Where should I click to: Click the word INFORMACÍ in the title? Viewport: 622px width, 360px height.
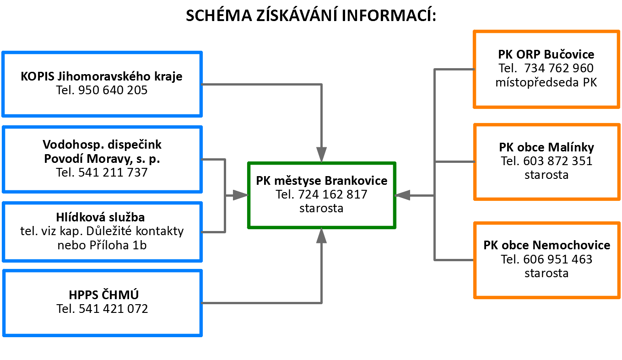(x=389, y=15)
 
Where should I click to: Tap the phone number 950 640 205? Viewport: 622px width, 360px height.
(x=113, y=90)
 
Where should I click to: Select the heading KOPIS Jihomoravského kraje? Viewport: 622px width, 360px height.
(x=102, y=76)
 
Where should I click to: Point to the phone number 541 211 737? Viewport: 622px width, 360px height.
(x=113, y=172)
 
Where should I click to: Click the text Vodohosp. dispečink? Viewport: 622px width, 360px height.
(x=102, y=145)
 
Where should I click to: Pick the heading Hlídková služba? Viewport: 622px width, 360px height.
(x=100, y=217)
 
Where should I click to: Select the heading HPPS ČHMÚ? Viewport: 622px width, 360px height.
(x=103, y=295)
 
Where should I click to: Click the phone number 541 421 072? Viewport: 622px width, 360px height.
(x=114, y=309)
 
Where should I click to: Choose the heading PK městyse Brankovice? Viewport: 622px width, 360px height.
(x=322, y=181)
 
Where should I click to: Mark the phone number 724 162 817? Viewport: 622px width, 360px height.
(x=333, y=194)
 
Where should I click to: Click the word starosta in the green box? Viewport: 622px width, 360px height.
(x=321, y=208)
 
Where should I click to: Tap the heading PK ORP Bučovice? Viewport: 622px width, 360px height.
(x=546, y=54)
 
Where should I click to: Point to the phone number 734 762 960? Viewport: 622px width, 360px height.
(x=559, y=68)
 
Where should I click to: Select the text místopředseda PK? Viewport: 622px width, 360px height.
(x=546, y=82)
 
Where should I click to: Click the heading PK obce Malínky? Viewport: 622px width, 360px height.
(x=546, y=147)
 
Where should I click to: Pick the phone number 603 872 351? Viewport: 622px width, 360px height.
(x=558, y=161)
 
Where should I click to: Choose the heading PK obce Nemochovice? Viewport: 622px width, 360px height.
(x=547, y=245)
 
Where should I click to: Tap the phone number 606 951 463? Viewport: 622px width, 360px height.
(x=558, y=259)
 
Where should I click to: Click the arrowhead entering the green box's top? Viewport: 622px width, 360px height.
(x=321, y=155)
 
